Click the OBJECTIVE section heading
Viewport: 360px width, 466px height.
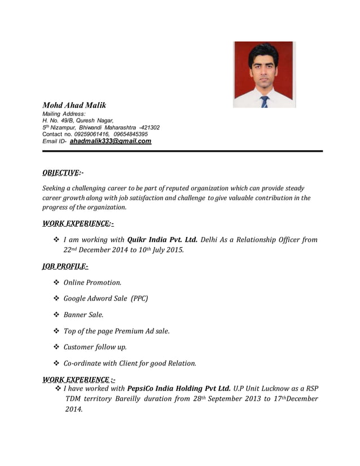pos(63,173)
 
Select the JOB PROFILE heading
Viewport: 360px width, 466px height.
pos(65,266)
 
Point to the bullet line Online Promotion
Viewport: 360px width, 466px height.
pos(92,282)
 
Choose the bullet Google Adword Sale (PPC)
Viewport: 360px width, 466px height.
pos(106,298)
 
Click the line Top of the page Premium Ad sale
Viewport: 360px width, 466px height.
pos(116,331)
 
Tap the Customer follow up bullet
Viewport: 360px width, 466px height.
pos(95,347)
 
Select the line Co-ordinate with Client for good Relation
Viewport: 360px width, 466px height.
pos(130,363)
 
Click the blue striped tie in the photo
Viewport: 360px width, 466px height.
pos(264,102)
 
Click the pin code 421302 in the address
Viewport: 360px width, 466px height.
pos(149,128)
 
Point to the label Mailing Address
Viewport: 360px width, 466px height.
pos(64,114)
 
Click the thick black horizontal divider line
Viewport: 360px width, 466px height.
pos(182,151)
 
